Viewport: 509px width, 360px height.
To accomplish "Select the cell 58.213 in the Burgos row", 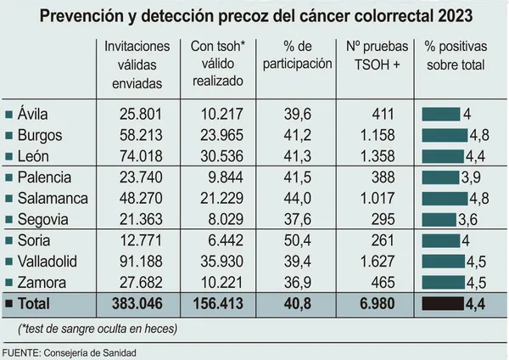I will pyautogui.click(x=134, y=135).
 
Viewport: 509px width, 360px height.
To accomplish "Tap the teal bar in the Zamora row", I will pyautogui.click(x=442, y=282).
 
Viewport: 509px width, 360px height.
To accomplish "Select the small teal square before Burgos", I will pyautogui.click(x=8, y=136).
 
